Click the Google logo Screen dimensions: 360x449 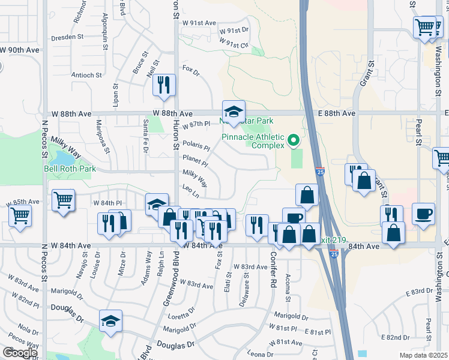point(20,353)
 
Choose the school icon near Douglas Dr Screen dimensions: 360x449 point(111,322)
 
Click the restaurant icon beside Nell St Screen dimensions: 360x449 point(164,85)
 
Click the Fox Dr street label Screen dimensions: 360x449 point(190,70)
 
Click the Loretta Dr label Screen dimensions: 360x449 point(182,317)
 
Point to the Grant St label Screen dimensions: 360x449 point(362,73)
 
